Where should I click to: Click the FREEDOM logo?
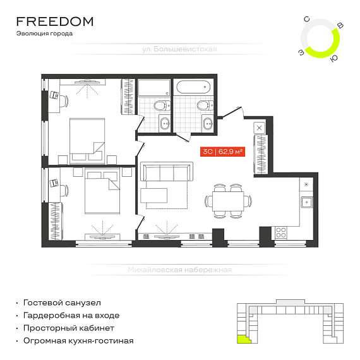(x=55, y=21)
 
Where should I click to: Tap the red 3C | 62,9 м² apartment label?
(x=222, y=152)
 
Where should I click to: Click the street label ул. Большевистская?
(x=179, y=49)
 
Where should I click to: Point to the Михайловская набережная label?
(x=180, y=270)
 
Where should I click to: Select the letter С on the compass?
(x=307, y=20)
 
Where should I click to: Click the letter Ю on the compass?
(x=334, y=59)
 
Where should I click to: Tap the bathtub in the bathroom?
(x=193, y=87)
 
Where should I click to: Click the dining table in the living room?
(x=228, y=201)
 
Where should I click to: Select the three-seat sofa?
(x=167, y=172)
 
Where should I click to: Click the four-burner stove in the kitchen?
(x=281, y=232)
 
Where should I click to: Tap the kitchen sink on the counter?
(x=307, y=202)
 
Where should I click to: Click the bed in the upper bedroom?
(x=87, y=141)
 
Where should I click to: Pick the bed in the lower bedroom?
(x=102, y=191)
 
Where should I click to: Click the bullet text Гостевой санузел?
(x=62, y=303)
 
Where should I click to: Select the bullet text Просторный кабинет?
(x=69, y=328)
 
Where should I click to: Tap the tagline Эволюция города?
(x=45, y=33)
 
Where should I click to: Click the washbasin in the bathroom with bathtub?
(x=208, y=124)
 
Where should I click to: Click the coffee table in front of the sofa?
(x=154, y=195)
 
